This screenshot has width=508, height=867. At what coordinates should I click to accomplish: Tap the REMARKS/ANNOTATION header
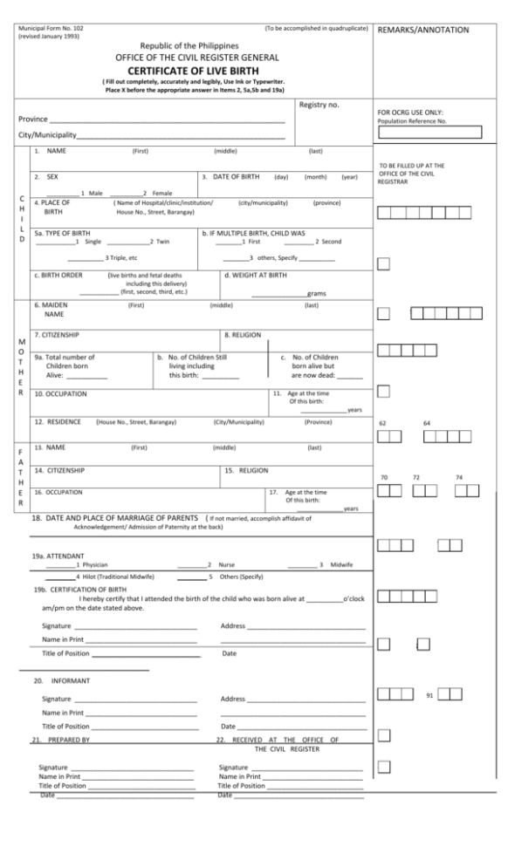pos(422,30)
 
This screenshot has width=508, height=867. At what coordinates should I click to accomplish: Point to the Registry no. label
pos(319,105)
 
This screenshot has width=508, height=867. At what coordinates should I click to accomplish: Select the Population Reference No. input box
pos(429,133)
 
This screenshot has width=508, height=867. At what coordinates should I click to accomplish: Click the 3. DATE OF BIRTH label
pos(230,176)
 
